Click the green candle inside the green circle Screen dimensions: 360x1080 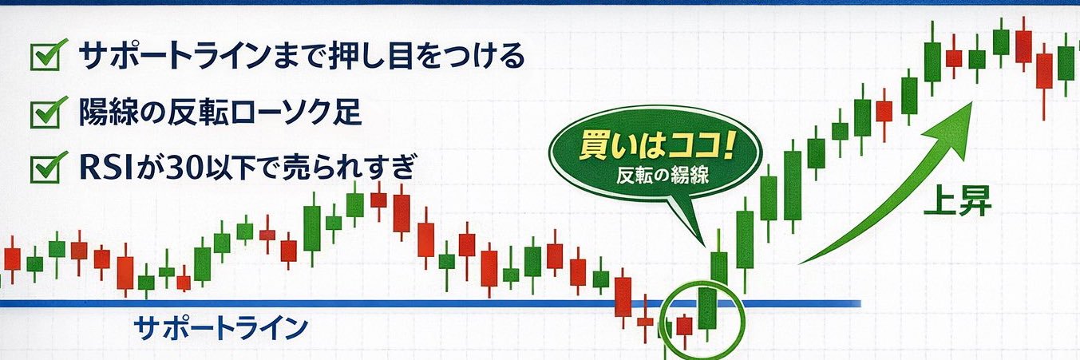pyautogui.click(x=706, y=308)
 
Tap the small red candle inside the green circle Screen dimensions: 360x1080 pyautogui.click(x=684, y=325)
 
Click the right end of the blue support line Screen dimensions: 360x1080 pyautogui.click(x=859, y=303)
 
